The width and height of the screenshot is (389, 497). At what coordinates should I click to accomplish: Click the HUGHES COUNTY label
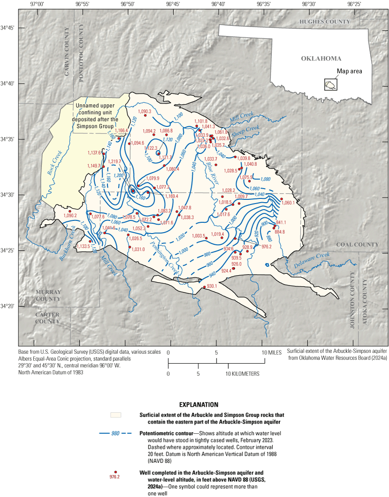click(325, 22)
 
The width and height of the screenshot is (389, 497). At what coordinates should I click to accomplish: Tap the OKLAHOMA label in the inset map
click(321, 58)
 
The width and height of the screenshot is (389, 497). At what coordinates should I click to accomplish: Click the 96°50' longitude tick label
click(127, 4)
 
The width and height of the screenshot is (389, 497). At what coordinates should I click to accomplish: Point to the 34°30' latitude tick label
click(9, 195)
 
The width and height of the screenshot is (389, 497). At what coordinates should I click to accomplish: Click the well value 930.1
click(212, 286)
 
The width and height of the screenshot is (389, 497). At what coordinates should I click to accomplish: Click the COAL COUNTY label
click(357, 244)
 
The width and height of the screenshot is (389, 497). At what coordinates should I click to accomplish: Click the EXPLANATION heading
click(199, 404)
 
